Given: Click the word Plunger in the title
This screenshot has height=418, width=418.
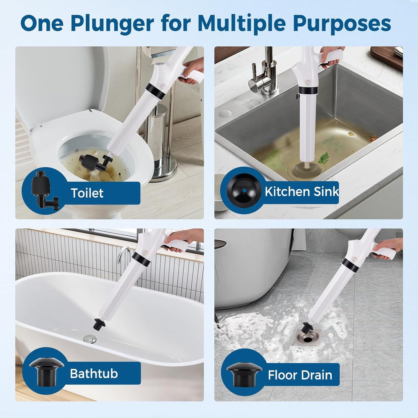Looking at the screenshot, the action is tap(112, 24).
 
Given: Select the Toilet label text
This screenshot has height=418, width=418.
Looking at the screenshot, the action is tap(87, 193).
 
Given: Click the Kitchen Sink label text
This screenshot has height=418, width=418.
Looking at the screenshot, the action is tap(302, 192).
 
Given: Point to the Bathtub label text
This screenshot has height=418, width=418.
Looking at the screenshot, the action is tap(94, 374).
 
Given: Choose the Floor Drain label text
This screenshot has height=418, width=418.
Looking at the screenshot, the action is tap(300, 375).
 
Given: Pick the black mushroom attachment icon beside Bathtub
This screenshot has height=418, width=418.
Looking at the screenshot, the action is tap(47, 372).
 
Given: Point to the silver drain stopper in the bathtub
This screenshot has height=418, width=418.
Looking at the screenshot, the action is tap(90, 339).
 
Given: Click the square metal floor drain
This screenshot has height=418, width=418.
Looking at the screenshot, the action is tap(307, 336).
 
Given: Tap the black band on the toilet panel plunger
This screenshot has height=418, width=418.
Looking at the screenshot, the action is tap(155, 91).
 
